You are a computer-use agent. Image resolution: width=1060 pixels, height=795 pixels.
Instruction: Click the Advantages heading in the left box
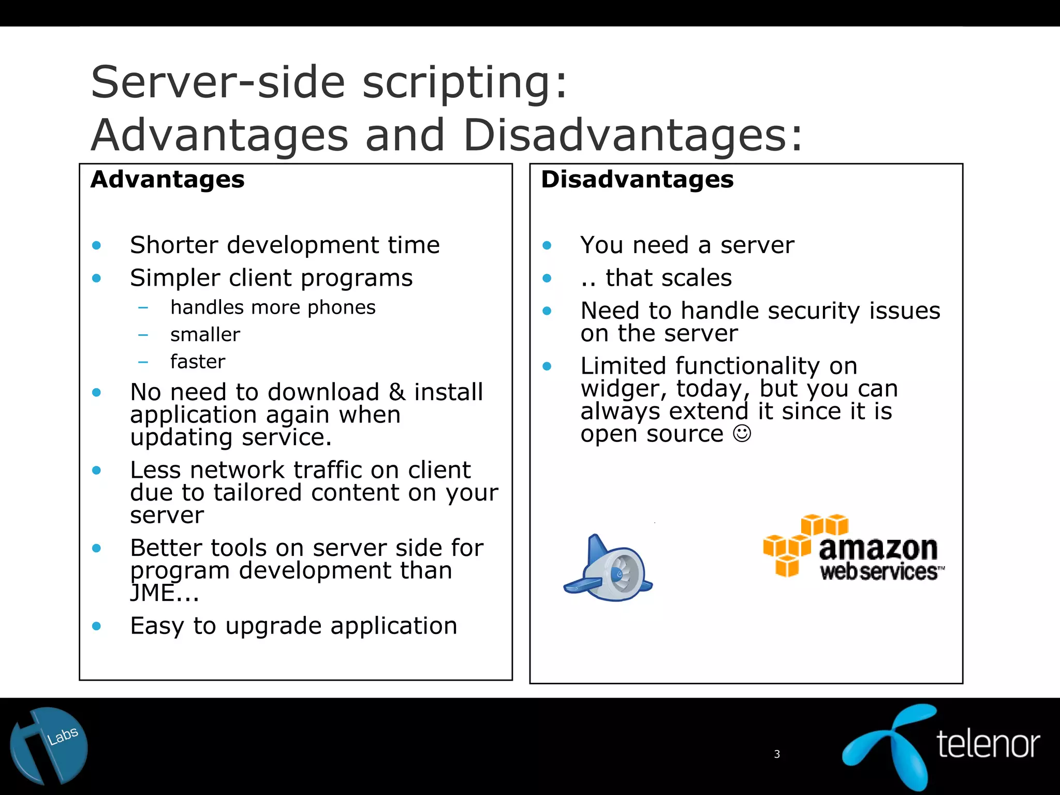pos(167,180)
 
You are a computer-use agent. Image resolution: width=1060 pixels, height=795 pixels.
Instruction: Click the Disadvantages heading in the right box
pos(637,180)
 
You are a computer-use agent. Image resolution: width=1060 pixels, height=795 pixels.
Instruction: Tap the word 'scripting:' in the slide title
pos(464,83)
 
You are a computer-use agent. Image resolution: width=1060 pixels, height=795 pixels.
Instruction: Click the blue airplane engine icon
pos(609,569)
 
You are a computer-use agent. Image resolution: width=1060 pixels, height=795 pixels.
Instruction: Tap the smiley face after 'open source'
pos(742,433)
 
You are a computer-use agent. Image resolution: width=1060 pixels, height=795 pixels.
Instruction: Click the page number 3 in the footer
pos(776,754)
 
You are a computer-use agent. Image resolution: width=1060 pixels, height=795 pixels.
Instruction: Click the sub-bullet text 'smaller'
pos(205,335)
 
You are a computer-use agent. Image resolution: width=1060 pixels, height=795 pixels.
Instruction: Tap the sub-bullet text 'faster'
pos(198,362)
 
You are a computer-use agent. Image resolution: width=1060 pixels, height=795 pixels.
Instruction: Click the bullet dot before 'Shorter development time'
pos(96,245)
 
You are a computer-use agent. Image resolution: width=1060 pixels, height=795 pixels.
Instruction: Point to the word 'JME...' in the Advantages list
pos(164,593)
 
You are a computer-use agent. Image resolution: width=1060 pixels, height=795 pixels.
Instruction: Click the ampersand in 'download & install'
pos(397,392)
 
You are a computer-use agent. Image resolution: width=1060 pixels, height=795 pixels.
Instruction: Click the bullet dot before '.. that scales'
pos(547,278)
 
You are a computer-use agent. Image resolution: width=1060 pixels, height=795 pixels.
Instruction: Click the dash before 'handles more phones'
pos(143,308)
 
